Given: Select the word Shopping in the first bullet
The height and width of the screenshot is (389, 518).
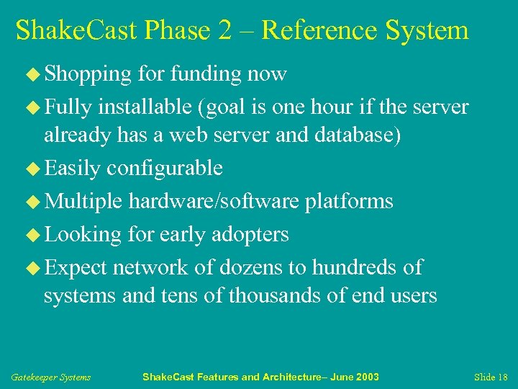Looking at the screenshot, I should tap(88, 74).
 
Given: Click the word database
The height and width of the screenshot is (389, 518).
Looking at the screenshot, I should tap(350, 135).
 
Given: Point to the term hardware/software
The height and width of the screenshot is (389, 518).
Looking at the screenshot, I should tap(213, 201).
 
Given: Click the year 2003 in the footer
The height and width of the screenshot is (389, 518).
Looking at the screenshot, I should tap(366, 377).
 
